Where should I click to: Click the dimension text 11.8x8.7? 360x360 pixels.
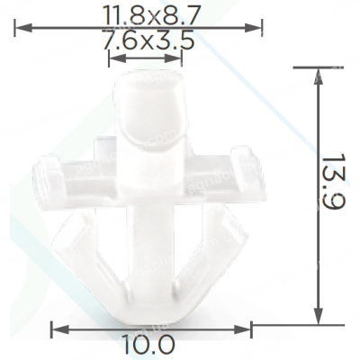click(151, 15)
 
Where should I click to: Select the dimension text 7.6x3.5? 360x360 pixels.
click(148, 40)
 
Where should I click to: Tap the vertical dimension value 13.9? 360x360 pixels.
click(335, 182)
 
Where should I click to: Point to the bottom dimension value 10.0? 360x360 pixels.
click(148, 345)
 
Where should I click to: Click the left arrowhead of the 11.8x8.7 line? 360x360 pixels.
click(22, 29)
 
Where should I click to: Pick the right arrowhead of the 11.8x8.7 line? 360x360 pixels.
click(254, 29)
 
